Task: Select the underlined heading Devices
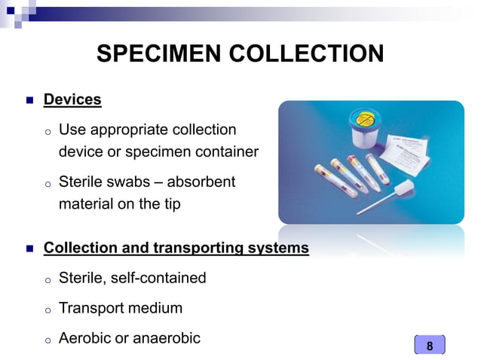[72, 99]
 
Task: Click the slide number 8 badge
[430, 346]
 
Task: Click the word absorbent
[201, 182]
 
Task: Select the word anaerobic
[167, 338]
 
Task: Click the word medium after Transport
[158, 308]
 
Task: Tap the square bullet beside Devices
[29, 99]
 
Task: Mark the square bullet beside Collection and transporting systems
[29, 248]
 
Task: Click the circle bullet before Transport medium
[47, 310]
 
